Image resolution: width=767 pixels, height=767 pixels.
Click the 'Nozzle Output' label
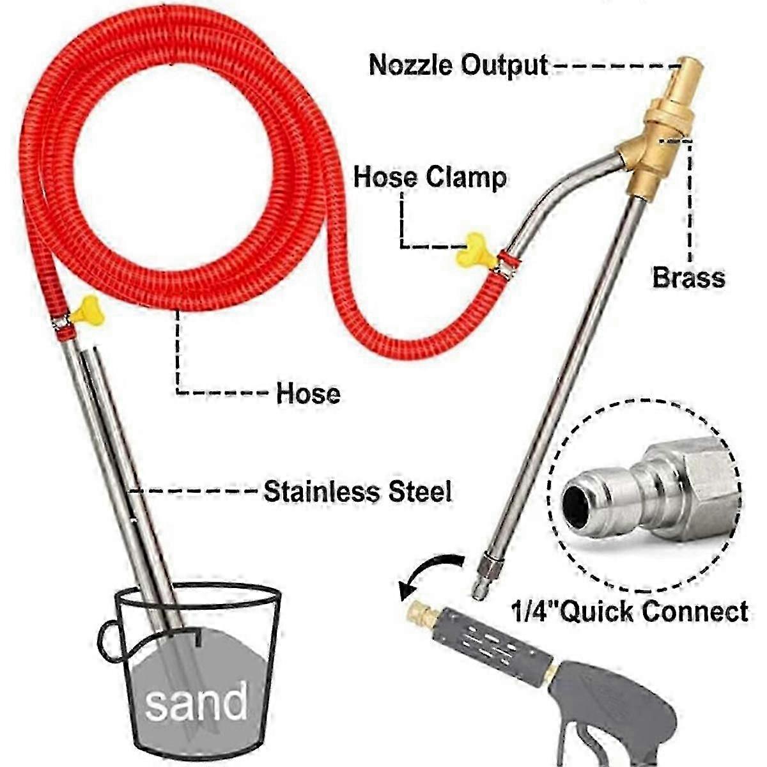458,65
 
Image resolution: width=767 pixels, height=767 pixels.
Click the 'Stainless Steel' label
357,492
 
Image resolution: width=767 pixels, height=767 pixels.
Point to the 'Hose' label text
308,393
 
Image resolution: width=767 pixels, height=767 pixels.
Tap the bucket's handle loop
107,641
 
